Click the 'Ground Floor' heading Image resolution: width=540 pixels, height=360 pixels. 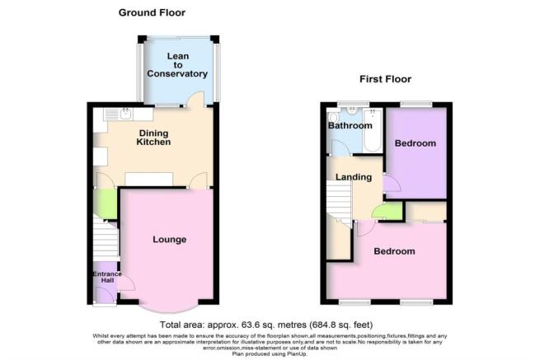tap(151, 12)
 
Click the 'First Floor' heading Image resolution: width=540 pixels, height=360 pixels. tap(385, 79)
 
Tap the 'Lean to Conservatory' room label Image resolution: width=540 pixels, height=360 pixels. tap(176, 65)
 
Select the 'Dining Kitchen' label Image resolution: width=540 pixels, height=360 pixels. tap(153, 137)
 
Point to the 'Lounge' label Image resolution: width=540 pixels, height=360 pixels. tap(170, 240)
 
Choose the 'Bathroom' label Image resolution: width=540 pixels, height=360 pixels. tap(350, 126)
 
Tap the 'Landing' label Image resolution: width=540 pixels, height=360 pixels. tap(354, 177)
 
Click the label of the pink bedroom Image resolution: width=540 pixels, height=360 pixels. tap(393, 250)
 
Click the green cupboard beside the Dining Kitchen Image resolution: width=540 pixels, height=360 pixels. tap(105, 203)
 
